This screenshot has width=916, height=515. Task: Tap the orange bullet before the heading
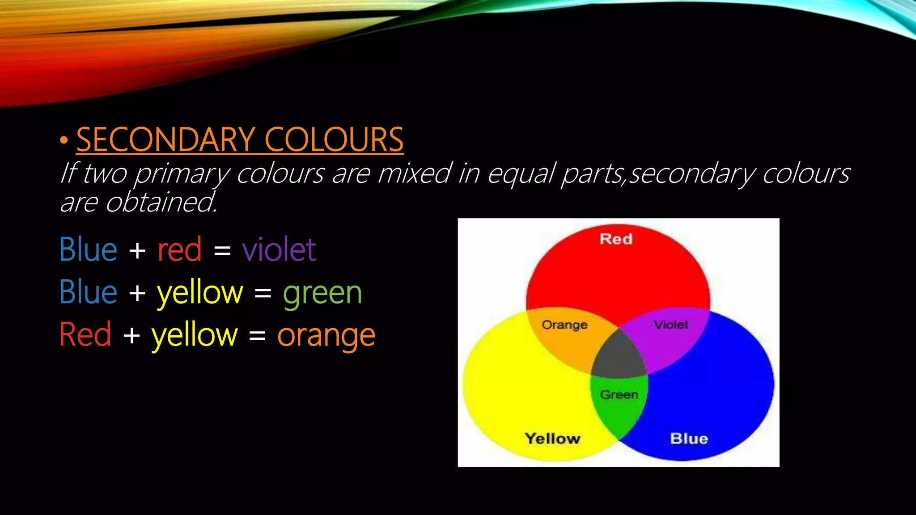(64, 140)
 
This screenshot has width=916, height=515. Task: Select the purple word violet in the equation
(279, 249)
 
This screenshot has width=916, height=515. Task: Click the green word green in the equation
(322, 293)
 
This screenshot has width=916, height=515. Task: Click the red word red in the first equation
(179, 249)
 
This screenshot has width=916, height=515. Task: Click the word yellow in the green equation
(200, 293)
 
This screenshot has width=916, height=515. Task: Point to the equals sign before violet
(222, 250)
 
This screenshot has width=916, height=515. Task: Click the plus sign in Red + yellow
(131, 335)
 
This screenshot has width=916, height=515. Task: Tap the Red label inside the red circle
(616, 239)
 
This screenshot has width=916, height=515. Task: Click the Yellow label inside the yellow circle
(552, 439)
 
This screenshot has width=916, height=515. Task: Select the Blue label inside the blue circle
(689, 439)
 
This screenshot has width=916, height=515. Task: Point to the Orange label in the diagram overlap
(564, 325)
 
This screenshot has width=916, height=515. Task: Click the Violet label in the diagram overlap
(671, 325)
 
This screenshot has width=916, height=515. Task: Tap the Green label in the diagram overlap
(619, 395)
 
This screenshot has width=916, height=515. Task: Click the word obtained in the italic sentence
(161, 203)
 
